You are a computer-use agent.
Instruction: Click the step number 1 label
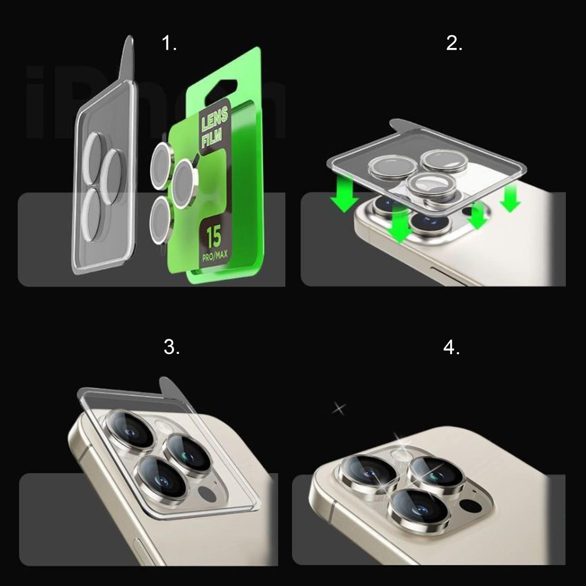(x=169, y=44)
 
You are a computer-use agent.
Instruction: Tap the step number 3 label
(x=172, y=346)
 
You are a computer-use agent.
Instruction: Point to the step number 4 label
(x=451, y=346)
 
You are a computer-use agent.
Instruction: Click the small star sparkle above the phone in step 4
(x=339, y=408)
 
